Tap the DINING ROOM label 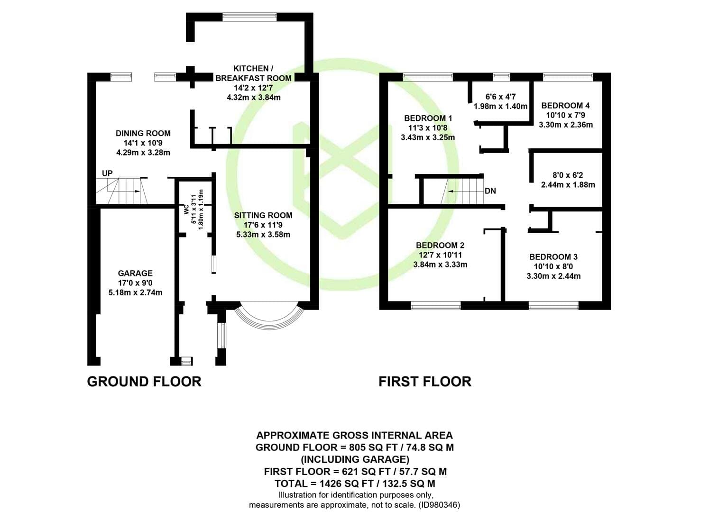pyautogui.click(x=143, y=133)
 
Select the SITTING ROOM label pyautogui.click(x=263, y=215)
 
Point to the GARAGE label pyautogui.click(x=135, y=273)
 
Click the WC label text pyautogui.click(x=187, y=209)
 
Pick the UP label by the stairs pyautogui.click(x=107, y=174)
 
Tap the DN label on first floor pyautogui.click(x=490, y=191)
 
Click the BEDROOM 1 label pyautogui.click(x=428, y=118)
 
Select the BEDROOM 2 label pyautogui.click(x=440, y=245)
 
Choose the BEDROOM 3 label pyautogui.click(x=553, y=257)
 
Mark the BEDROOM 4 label pyautogui.click(x=565, y=106)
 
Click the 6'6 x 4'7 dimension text pyautogui.click(x=500, y=97)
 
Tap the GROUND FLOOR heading pyautogui.click(x=144, y=382)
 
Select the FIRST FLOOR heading pyautogui.click(x=425, y=382)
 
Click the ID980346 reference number pyautogui.click(x=440, y=505)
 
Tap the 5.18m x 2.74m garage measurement pyautogui.click(x=135, y=293)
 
